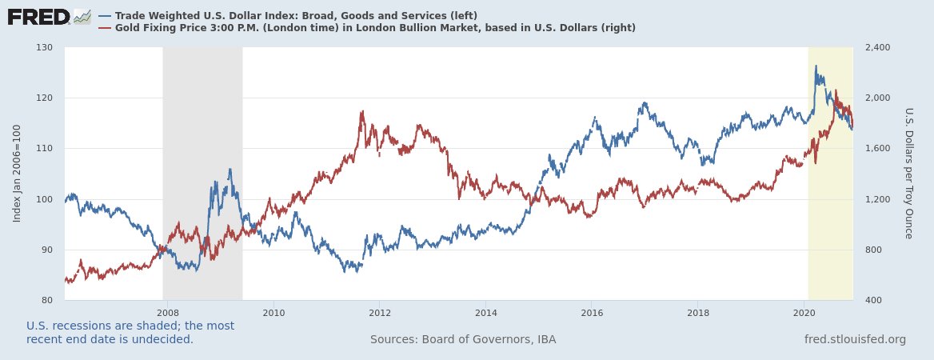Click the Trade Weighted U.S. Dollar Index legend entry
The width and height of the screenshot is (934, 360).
coord(296,16)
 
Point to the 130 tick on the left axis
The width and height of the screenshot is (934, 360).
coord(44,47)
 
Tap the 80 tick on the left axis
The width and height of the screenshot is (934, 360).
coord(46,300)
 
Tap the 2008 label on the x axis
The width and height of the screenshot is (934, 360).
coord(167,312)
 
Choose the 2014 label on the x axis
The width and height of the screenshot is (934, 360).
coord(485,312)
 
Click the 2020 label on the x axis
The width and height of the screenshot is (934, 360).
coord(804,312)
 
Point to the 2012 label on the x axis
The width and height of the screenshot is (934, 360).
coord(379,312)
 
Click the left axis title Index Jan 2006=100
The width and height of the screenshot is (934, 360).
coord(17,174)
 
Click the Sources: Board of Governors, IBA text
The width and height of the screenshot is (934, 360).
coord(463,339)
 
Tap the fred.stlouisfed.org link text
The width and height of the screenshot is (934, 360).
coord(855,339)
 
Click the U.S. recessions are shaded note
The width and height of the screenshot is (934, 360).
coord(130,332)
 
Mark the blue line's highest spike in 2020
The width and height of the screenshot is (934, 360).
coord(816,66)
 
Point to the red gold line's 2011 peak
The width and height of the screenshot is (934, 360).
coord(362,111)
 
